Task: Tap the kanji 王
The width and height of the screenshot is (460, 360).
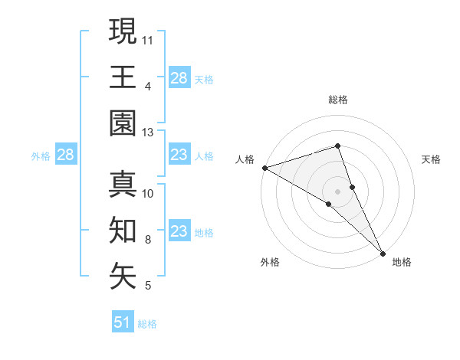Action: [x=123, y=77]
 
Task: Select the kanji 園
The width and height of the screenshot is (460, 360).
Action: [x=123, y=124]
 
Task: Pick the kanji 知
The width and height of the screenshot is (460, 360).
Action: [x=123, y=231]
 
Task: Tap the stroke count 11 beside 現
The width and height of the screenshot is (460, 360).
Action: [x=148, y=39]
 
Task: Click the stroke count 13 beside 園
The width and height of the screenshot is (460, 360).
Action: [x=148, y=133]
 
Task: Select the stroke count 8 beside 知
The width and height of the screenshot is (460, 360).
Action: [x=148, y=241]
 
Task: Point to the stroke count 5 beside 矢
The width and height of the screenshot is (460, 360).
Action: [x=148, y=286]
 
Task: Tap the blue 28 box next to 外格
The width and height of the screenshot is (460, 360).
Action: [x=65, y=155]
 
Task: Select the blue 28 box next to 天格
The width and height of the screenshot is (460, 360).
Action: [x=179, y=78]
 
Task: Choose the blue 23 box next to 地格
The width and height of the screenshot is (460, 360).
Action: [x=179, y=231]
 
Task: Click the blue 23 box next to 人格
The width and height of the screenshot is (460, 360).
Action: [x=179, y=155]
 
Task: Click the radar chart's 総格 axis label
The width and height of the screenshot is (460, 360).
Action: [x=338, y=100]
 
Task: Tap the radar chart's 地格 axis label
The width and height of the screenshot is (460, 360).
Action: [x=402, y=262]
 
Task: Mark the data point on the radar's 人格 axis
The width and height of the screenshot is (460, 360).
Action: [x=264, y=167]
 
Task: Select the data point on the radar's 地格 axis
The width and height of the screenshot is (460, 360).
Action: [x=383, y=253]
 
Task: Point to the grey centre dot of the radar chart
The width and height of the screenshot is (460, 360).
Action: [x=338, y=191]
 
